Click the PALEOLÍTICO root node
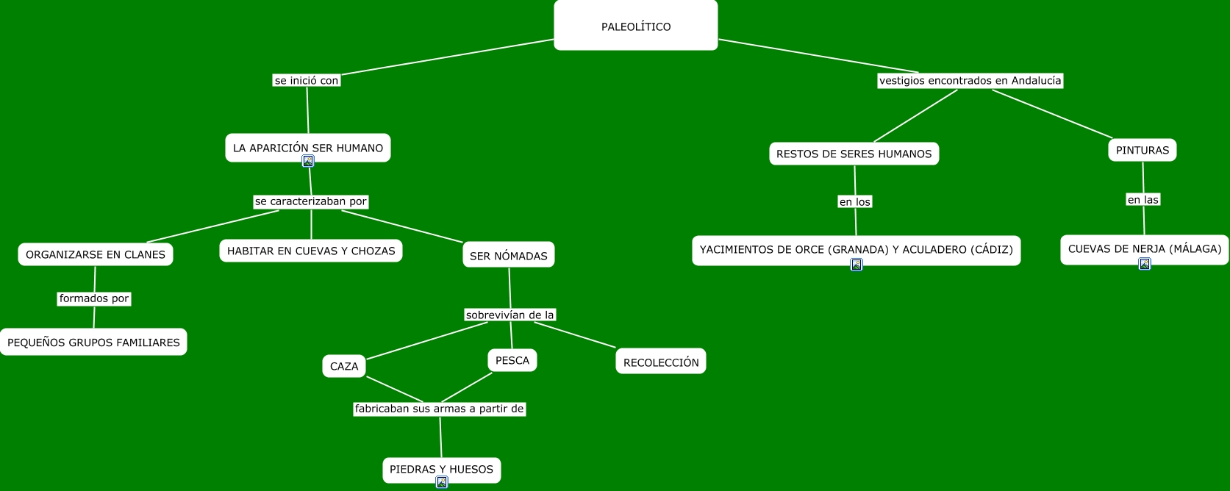(x=635, y=26)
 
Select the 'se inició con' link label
(x=306, y=81)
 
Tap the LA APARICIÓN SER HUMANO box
(x=307, y=147)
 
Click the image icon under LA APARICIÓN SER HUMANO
(x=308, y=161)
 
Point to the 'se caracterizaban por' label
(x=310, y=201)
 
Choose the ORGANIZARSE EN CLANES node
(x=96, y=254)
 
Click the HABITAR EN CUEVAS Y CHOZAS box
(x=310, y=251)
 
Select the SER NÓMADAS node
(x=508, y=255)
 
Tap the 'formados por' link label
(x=94, y=298)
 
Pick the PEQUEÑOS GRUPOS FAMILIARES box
(x=93, y=342)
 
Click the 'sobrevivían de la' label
(x=509, y=315)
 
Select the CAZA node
(x=343, y=366)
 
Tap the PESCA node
(x=512, y=360)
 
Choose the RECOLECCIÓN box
(x=660, y=362)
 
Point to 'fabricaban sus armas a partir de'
(x=439, y=409)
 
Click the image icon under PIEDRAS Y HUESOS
(x=441, y=482)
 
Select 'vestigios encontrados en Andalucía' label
(x=970, y=81)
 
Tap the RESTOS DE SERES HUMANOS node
(x=854, y=154)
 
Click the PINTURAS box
(x=1142, y=150)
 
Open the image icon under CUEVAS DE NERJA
(x=1144, y=264)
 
